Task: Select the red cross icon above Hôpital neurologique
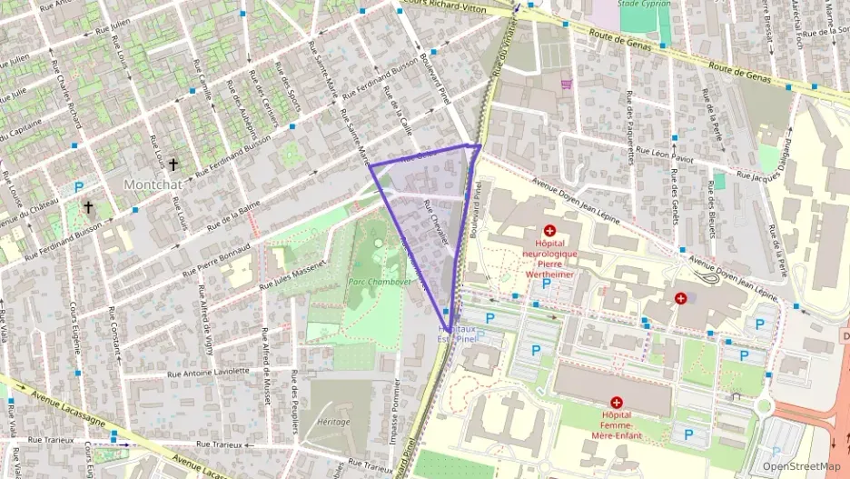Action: click(x=549, y=231)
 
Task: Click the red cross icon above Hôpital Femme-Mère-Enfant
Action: click(x=617, y=402)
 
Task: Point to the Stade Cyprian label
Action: click(x=644, y=4)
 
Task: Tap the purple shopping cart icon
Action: click(x=568, y=85)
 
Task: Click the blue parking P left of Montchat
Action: click(x=79, y=187)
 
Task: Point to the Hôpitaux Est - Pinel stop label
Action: click(x=456, y=333)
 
